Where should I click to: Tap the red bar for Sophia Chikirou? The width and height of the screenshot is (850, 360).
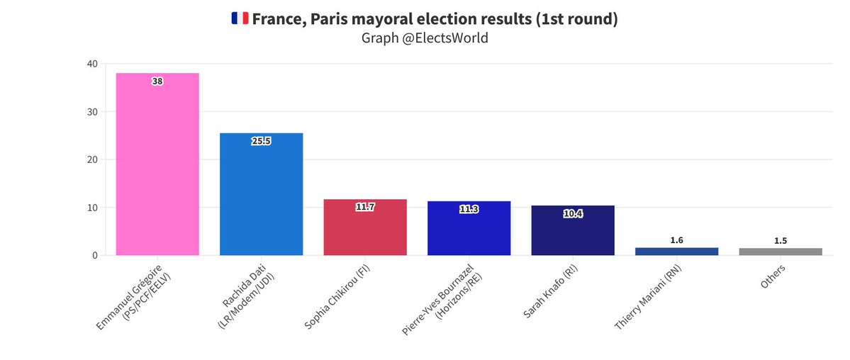pyautogui.click(x=365, y=227)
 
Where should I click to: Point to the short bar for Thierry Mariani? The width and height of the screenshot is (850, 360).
pyautogui.click(x=676, y=252)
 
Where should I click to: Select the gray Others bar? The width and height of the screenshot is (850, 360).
pyautogui.click(x=780, y=252)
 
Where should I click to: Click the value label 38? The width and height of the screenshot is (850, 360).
pyautogui.click(x=157, y=81)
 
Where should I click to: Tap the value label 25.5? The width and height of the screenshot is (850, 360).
pyautogui.click(x=261, y=141)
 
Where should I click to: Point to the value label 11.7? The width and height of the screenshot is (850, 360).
pyautogui.click(x=365, y=207)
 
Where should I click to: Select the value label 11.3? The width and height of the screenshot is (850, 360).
pyautogui.click(x=469, y=209)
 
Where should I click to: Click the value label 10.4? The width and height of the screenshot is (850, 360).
pyautogui.click(x=572, y=213)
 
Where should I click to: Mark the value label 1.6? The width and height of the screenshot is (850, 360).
pyautogui.click(x=676, y=240)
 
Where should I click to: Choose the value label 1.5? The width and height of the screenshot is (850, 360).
pyautogui.click(x=780, y=241)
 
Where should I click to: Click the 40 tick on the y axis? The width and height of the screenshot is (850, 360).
pyautogui.click(x=92, y=64)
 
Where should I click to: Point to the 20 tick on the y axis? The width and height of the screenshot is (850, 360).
pyautogui.click(x=92, y=159)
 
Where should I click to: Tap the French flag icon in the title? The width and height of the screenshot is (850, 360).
pyautogui.click(x=240, y=19)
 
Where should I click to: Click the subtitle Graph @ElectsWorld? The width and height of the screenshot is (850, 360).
pyautogui.click(x=425, y=38)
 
